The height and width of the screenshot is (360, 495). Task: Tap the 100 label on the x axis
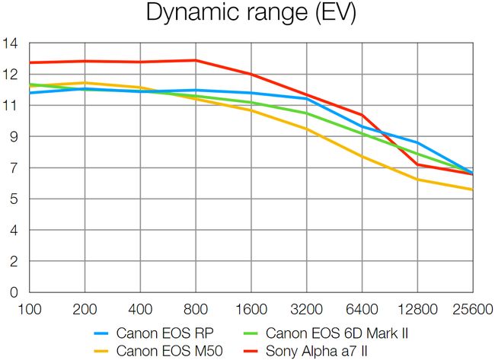tap(29, 310)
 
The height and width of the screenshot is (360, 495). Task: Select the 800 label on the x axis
tap(196, 310)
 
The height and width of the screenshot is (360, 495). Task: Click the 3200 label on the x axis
tap(306, 310)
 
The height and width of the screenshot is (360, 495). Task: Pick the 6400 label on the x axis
tap(362, 310)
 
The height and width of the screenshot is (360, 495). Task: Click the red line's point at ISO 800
tap(196, 60)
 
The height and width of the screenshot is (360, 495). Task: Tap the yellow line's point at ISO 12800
tap(417, 180)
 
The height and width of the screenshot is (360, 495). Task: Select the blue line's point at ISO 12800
tap(417, 142)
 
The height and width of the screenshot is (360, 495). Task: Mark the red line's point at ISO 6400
tap(362, 115)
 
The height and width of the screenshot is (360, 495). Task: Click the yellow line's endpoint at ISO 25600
tap(472, 190)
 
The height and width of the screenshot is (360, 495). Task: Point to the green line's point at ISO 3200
tap(306, 113)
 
